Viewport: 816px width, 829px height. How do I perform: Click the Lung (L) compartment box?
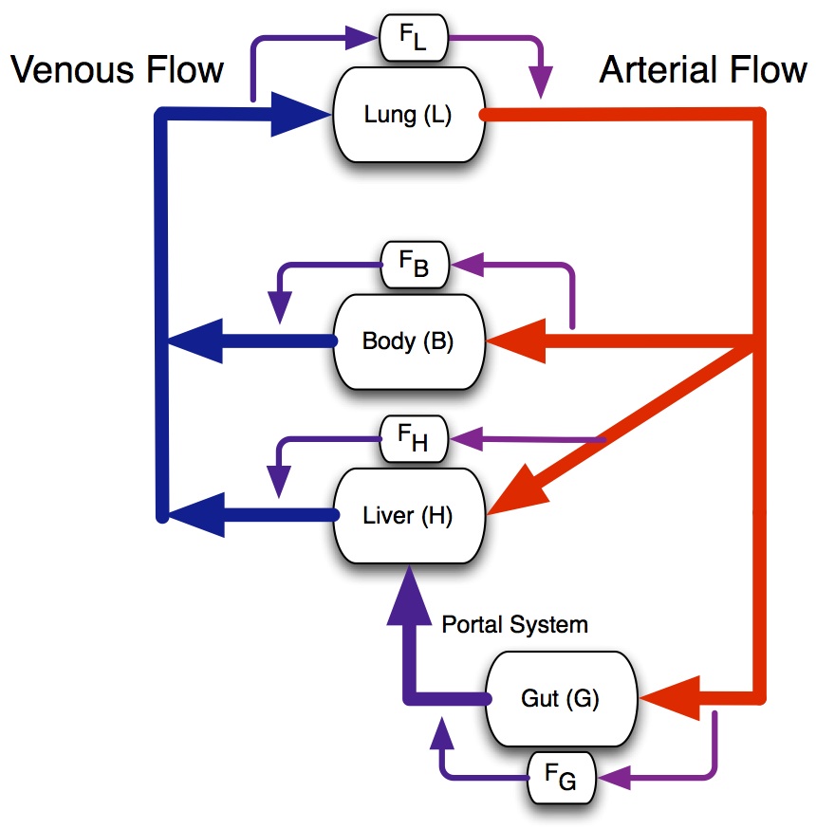tap(409, 115)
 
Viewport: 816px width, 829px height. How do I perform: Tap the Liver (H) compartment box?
tap(409, 516)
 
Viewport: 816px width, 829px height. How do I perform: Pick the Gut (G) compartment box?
tap(560, 699)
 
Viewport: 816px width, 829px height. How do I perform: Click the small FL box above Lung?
tap(413, 39)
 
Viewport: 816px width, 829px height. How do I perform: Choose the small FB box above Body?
tap(416, 267)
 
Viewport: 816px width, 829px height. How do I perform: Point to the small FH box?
tap(416, 440)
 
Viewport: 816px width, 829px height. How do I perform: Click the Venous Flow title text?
tap(116, 69)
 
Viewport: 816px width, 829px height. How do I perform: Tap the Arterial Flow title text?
tap(703, 69)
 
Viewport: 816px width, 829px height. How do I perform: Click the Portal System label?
tap(515, 625)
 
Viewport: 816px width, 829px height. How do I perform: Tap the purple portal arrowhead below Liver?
tap(409, 593)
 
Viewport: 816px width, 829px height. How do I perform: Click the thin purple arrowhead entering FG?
tap(617, 779)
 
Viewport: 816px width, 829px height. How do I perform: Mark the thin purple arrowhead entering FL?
tap(365, 39)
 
